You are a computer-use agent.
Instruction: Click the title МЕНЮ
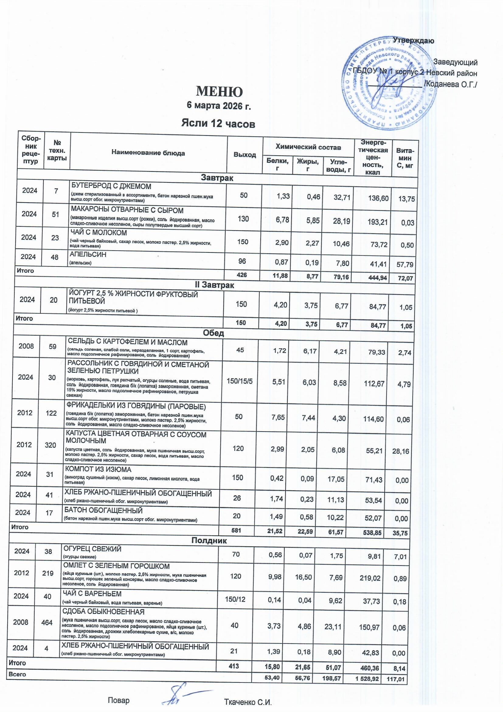coord(219,91)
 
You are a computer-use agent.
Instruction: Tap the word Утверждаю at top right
coord(413,41)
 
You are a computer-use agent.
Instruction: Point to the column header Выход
coord(245,155)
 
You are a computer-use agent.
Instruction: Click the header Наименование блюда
coord(148,153)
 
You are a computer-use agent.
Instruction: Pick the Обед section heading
coord(213,333)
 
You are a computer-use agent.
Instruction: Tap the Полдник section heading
coord(209,541)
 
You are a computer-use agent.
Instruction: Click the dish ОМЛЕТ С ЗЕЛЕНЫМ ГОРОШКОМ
coord(116,566)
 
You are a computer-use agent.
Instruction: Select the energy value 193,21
coord(376,222)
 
